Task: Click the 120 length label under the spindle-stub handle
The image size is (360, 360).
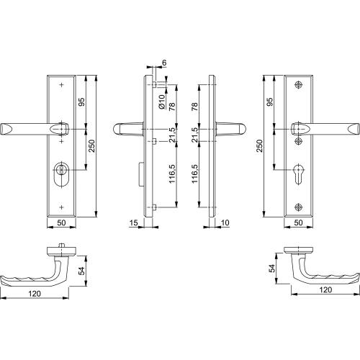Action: coord(34,294)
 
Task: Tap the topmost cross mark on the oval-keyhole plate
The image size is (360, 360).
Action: coord(60,85)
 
